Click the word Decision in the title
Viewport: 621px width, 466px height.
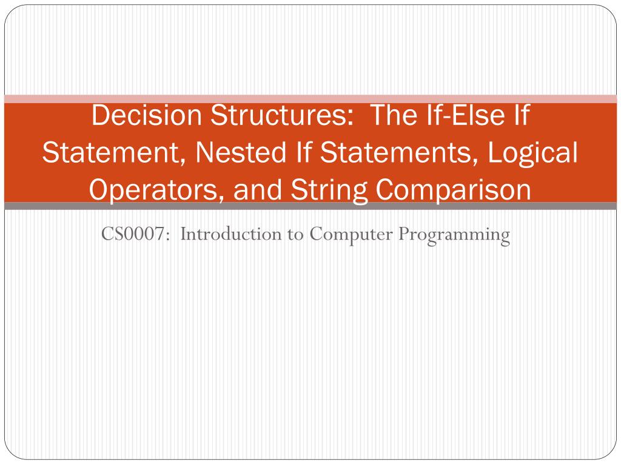pyautogui.click(x=147, y=115)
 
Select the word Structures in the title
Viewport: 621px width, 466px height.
pyautogui.click(x=281, y=115)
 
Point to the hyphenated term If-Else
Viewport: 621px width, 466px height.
pyautogui.click(x=466, y=115)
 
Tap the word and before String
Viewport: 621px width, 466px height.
pyautogui.click(x=257, y=190)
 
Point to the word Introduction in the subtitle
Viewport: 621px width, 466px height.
pyautogui.click(x=231, y=234)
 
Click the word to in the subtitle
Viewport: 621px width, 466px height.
pyautogui.click(x=295, y=235)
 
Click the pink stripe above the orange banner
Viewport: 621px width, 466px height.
pyautogui.click(x=310, y=99)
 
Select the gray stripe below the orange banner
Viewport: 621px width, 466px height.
pyautogui.click(x=310, y=206)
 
